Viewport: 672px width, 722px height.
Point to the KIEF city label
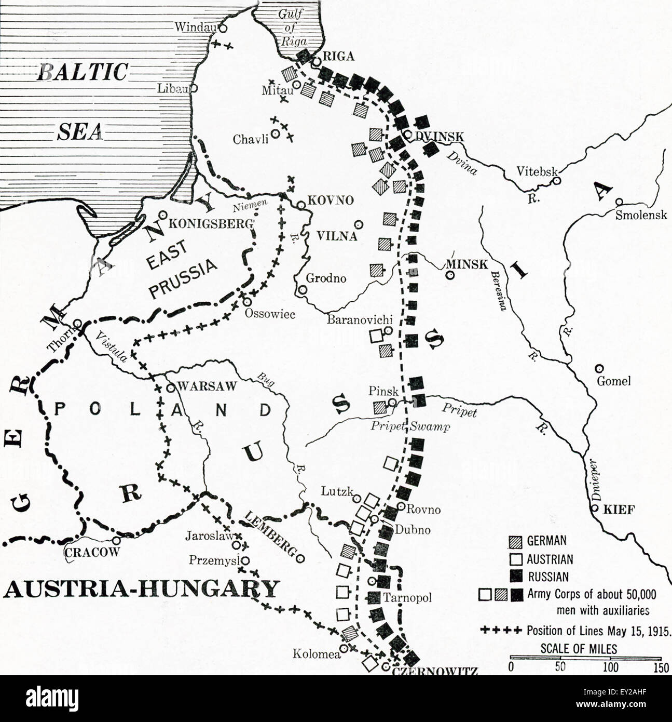click(619, 510)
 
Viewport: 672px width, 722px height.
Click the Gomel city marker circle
click(600, 368)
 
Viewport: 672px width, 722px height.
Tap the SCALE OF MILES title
click(579, 648)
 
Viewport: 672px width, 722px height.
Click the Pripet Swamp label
click(410, 426)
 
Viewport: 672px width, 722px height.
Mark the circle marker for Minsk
click(450, 275)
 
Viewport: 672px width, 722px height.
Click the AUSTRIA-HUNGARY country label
click(141, 589)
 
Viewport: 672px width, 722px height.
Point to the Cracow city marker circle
click(116, 540)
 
